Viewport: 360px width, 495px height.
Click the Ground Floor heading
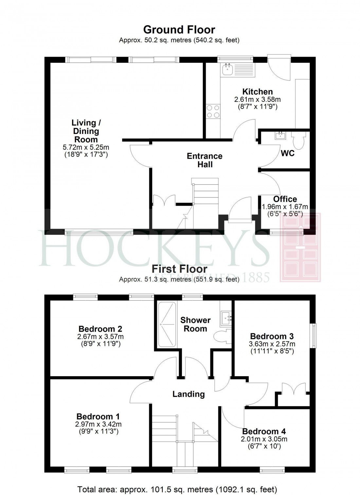(x=179, y=30)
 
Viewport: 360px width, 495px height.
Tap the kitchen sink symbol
(x=238, y=70)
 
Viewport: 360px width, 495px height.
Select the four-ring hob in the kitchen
(x=213, y=111)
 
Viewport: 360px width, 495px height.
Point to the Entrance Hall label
(x=205, y=160)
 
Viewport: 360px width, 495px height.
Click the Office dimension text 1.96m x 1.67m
(x=285, y=207)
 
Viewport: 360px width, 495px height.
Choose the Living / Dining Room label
(x=86, y=131)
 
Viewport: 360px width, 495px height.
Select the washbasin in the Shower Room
(x=226, y=317)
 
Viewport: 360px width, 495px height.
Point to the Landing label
(x=189, y=394)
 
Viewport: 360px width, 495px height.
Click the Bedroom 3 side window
(x=314, y=336)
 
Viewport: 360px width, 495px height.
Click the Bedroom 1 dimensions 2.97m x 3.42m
(x=98, y=424)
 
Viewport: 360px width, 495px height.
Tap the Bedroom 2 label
(x=100, y=329)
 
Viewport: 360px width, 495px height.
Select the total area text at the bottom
(x=177, y=489)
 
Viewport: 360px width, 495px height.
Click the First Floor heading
(x=179, y=269)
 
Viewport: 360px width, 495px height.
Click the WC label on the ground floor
(x=288, y=153)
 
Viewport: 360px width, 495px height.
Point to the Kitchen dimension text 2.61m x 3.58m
(x=257, y=100)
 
